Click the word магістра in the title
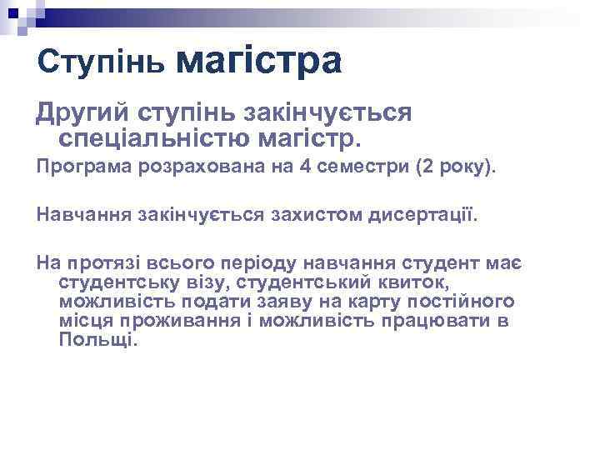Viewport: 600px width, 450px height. [x=260, y=61]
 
